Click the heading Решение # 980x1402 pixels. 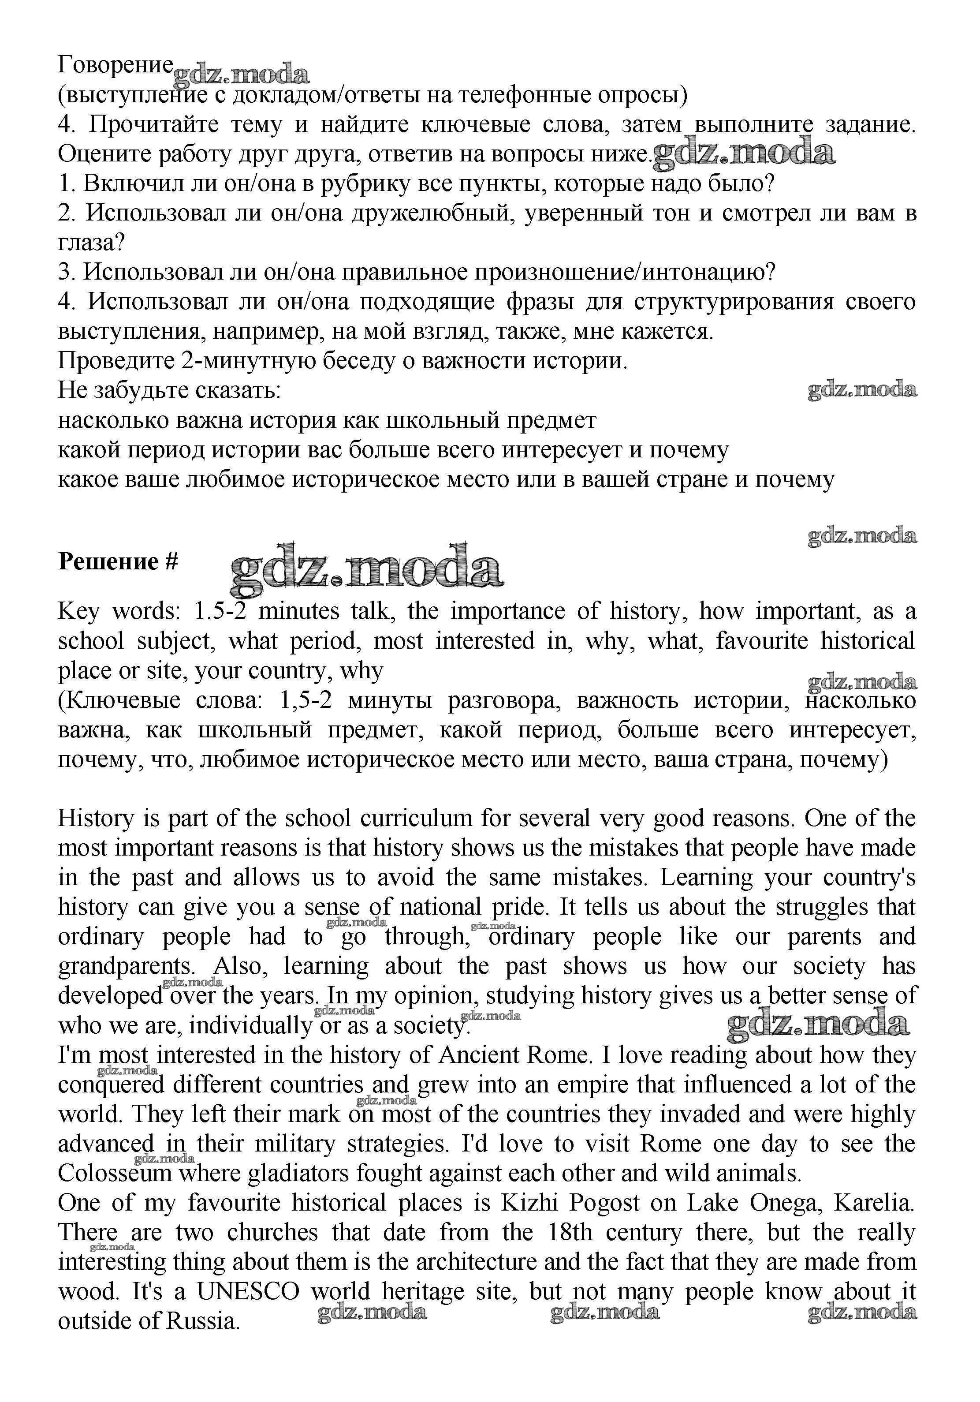pyautogui.click(x=117, y=561)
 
